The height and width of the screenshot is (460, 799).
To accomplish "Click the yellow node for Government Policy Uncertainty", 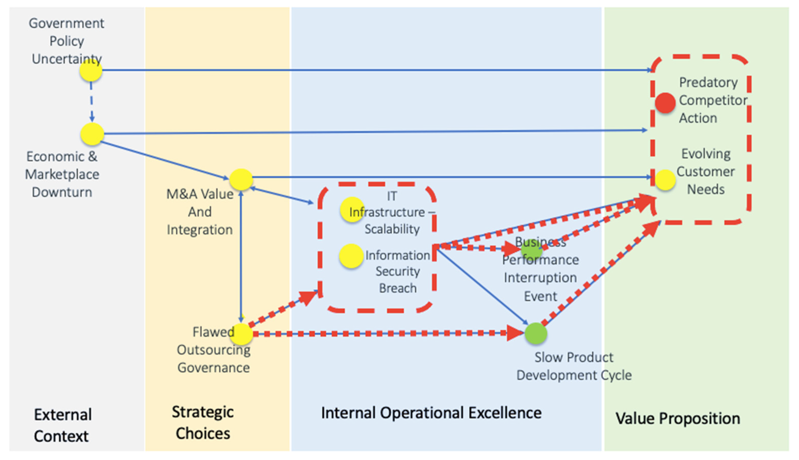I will [x=91, y=70].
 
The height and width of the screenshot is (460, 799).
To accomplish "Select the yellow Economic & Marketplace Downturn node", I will [x=92, y=134].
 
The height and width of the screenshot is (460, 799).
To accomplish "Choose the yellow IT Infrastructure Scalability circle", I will [x=352, y=209].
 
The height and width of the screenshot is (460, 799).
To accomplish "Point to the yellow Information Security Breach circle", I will [x=351, y=256].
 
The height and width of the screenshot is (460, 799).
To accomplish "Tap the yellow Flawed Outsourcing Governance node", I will [x=241, y=334].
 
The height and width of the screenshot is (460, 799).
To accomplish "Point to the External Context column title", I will [x=63, y=425].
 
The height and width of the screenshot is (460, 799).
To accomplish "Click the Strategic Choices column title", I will [x=203, y=422].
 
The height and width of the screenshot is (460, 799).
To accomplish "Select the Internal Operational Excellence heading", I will [x=431, y=413].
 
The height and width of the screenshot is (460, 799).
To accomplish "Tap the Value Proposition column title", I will [x=678, y=418].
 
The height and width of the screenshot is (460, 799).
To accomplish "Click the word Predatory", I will [x=708, y=82].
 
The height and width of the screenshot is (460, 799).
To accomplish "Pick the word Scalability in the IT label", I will [x=392, y=229].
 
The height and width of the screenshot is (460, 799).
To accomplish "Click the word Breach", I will [x=398, y=288].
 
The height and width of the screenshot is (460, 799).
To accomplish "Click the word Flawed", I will [x=213, y=332].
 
